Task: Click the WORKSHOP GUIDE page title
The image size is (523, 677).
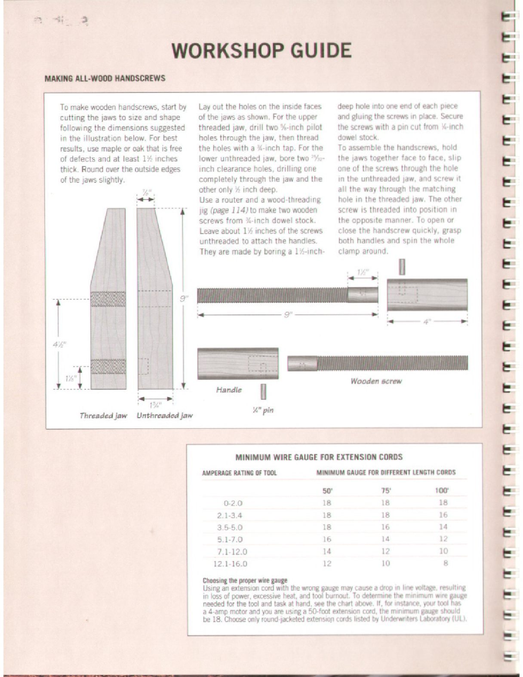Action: click(261, 51)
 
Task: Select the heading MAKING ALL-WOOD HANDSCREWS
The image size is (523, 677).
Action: click(105, 78)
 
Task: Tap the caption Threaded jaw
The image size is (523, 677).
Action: click(103, 415)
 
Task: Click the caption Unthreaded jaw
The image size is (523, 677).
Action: click(164, 415)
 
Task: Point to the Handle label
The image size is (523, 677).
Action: click(228, 390)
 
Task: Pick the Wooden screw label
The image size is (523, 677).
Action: click(375, 381)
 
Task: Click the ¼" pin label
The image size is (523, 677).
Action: click(263, 410)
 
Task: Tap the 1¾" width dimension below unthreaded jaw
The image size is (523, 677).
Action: click(155, 405)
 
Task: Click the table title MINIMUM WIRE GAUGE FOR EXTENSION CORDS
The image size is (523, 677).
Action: click(319, 457)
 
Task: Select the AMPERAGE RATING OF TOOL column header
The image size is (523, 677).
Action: click(239, 473)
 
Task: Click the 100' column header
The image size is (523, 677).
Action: click(443, 490)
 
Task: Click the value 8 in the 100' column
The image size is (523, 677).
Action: click(445, 563)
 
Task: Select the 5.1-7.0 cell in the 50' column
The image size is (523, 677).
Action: click(327, 539)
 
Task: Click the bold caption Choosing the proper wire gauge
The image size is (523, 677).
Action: click(245, 580)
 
